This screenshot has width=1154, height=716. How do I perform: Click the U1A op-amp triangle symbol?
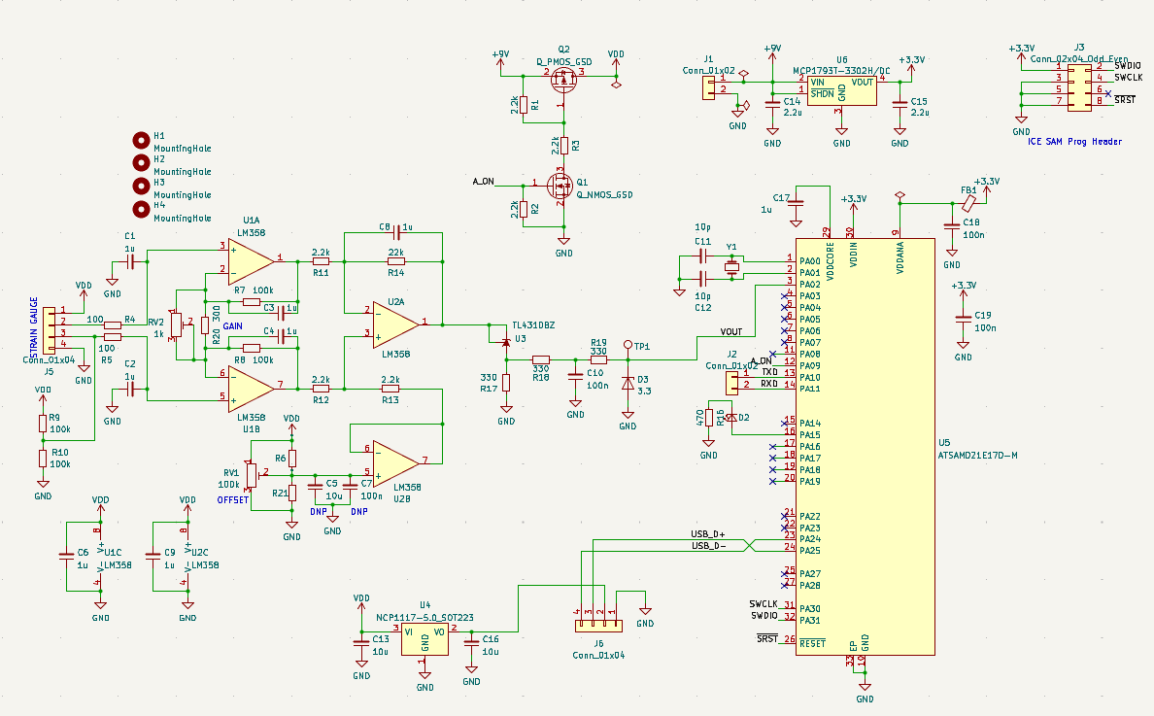point(251,259)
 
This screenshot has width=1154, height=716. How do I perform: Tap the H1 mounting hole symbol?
point(142,139)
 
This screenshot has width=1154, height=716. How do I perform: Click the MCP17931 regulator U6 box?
point(841,89)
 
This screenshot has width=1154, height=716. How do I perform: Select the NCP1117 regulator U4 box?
point(424,638)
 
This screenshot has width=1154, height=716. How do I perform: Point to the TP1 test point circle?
point(628,345)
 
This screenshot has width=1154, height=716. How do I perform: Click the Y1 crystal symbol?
point(731,267)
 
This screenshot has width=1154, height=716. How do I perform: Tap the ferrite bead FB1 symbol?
point(968,204)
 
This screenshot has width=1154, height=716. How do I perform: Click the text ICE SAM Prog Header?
point(1074,142)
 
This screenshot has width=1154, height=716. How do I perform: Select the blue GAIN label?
point(233,326)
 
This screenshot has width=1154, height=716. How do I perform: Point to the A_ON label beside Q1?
point(483,182)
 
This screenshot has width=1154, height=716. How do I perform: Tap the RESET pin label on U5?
point(812,642)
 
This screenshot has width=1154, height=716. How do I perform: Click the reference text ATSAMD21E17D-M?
point(978,455)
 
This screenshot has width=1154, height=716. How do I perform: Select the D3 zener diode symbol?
point(628,383)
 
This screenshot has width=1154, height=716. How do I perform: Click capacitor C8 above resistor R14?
point(395,232)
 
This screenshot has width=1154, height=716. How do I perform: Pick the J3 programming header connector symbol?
point(1079,84)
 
